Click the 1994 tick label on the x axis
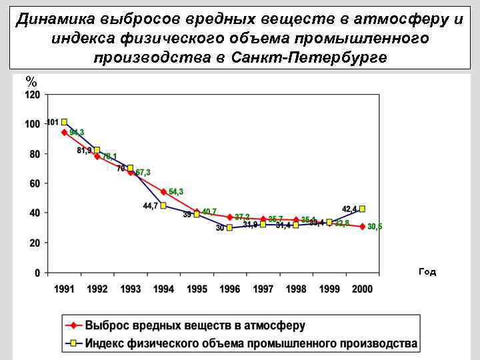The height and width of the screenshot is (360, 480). click(x=163, y=289)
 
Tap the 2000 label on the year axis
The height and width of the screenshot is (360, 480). click(x=362, y=289)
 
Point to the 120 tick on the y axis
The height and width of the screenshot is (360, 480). click(x=33, y=95)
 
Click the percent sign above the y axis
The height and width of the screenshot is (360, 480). click(x=31, y=81)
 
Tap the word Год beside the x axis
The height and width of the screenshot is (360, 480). click(x=427, y=272)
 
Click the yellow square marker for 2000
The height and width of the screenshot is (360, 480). click(x=362, y=209)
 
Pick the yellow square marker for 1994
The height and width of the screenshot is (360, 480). click(x=163, y=205)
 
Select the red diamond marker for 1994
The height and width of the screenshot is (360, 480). click(x=163, y=191)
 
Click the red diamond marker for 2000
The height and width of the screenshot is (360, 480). click(x=362, y=227)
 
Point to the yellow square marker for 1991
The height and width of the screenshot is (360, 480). click(x=64, y=122)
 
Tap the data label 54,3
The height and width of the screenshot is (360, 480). click(x=176, y=191)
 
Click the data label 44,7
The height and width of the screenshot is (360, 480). click(x=150, y=206)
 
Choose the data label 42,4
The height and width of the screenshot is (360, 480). click(x=349, y=209)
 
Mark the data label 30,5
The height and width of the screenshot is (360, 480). click(x=375, y=227)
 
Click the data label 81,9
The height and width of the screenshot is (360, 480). click(x=84, y=151)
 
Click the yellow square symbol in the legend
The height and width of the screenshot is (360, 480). click(x=74, y=344)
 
